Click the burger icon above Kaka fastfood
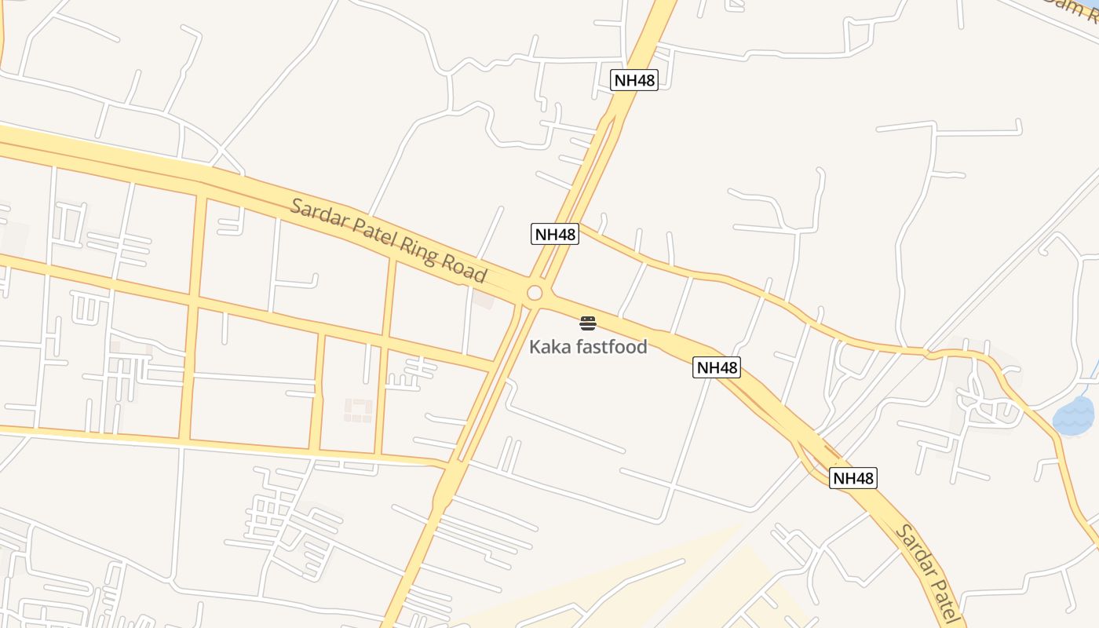tap(588, 323)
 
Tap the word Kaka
tap(550, 346)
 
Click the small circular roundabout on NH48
tap(535, 293)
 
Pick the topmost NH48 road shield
tap(633, 79)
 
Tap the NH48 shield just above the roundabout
tap(555, 233)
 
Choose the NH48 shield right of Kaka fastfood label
tap(717, 367)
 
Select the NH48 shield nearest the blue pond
tap(853, 478)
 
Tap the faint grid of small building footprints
tap(359, 410)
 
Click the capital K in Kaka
tap(535, 346)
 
